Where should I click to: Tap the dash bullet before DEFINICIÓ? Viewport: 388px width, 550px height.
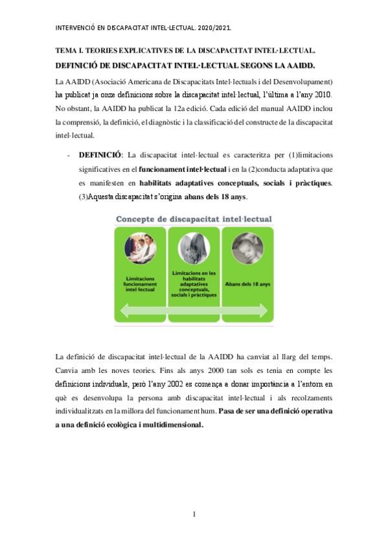coord(69,155)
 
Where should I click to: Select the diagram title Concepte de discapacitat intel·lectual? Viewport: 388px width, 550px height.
coord(193,219)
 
